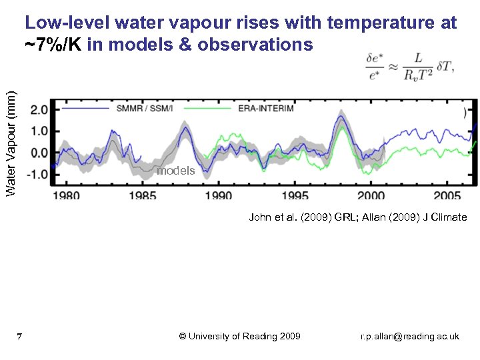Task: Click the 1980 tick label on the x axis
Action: coord(66,195)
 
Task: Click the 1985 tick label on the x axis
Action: coord(143,195)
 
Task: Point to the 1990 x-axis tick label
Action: coord(219,195)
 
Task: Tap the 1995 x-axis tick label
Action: coord(295,195)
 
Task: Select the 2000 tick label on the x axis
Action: coord(371,195)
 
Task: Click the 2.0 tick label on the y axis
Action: coord(39,109)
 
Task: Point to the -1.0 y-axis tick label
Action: coord(37,174)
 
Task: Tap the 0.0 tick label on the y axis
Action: coord(39,153)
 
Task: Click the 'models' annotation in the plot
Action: coord(175,171)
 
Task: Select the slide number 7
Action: coord(20,336)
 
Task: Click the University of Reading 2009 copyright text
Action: coord(240,336)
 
